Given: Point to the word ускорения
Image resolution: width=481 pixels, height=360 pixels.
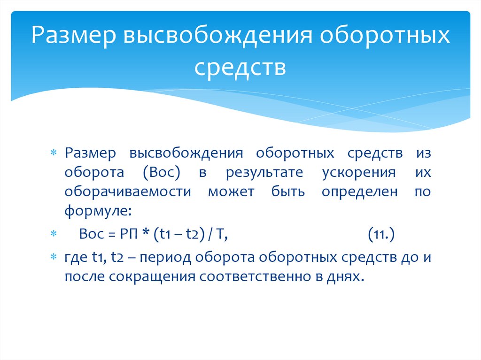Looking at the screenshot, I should pos(359,172).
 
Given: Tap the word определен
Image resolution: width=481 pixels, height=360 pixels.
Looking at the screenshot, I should pos(360,191).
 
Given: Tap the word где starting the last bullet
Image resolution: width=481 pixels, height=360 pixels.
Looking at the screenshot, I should pos(75,258).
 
